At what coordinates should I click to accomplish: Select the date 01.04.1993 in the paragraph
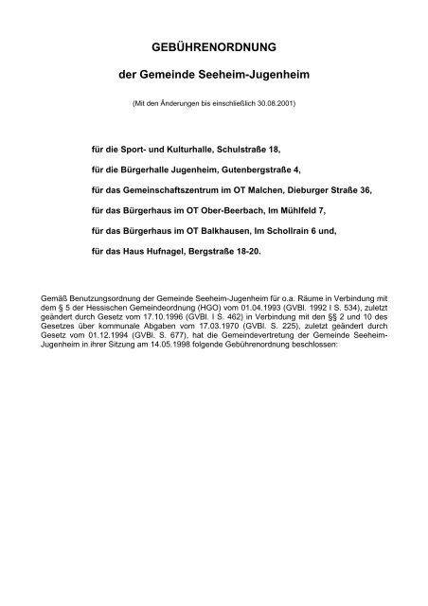coord(229,307)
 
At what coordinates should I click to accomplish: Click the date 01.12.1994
coord(100,335)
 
